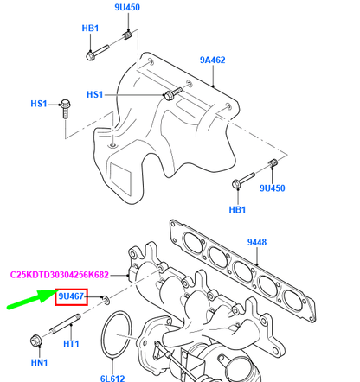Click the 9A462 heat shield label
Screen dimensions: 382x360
click(212, 60)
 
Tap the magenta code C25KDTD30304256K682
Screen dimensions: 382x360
click(71, 274)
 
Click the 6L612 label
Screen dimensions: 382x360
click(113, 378)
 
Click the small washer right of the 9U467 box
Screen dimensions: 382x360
click(103, 299)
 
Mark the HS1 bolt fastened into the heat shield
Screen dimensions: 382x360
click(170, 91)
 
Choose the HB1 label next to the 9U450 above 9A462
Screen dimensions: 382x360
click(90, 29)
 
